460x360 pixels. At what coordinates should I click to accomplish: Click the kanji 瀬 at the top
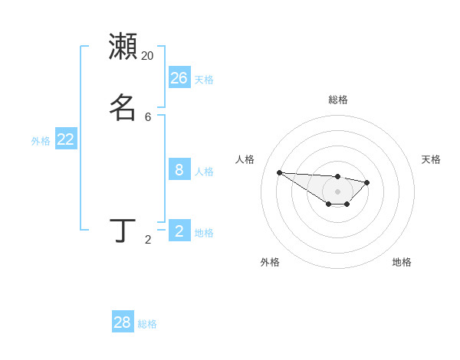pos(123,46)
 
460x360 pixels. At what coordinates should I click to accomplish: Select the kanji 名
pos(123,106)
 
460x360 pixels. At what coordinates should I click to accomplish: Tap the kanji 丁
pos(123,230)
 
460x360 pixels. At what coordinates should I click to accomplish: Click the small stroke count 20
pos(147,56)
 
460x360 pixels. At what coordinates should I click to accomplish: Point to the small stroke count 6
pos(148,117)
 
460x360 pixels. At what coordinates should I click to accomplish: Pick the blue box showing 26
pos(179,77)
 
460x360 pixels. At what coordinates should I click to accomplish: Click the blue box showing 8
pos(179,169)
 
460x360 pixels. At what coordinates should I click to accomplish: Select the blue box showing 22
pos(66,139)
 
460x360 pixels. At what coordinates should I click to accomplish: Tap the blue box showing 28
pos(123,322)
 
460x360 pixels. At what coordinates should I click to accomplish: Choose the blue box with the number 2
pos(179,231)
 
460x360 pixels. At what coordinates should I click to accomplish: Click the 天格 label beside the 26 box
pos(204,80)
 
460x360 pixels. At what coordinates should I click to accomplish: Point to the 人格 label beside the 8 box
pos(204,172)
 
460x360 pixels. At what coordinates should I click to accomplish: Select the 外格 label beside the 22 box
pos(41,141)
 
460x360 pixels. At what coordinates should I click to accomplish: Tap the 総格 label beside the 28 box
pos(147,325)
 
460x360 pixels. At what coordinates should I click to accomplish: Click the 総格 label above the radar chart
pos(337,100)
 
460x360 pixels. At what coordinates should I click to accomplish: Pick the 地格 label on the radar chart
pos(402,262)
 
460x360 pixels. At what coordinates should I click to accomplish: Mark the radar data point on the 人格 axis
pos(279,172)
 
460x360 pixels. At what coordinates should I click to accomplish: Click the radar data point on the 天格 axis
pos(367,182)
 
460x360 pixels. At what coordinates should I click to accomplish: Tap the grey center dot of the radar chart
pos(337,191)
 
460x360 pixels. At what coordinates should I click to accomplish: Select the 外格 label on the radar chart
pos(270,262)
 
